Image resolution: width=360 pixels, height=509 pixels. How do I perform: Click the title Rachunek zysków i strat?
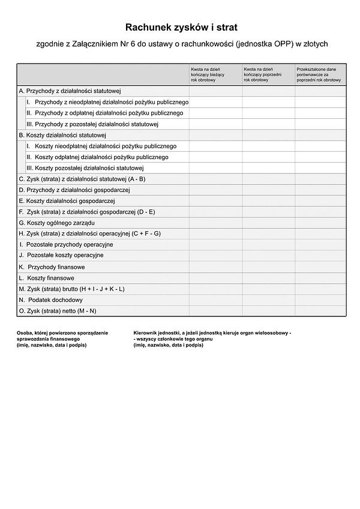click(x=181, y=28)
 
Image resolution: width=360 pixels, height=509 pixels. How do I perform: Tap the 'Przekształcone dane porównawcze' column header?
click(x=319, y=74)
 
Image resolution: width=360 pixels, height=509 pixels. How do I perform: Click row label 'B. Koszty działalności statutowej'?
click(x=62, y=135)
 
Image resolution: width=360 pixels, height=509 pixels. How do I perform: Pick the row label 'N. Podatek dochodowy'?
click(x=51, y=300)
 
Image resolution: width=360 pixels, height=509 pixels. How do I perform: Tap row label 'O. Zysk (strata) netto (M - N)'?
click(x=58, y=311)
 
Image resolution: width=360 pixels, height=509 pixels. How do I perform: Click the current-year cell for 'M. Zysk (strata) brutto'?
click(x=216, y=289)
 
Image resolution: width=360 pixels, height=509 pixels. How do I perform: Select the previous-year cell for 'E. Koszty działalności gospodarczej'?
click(x=268, y=201)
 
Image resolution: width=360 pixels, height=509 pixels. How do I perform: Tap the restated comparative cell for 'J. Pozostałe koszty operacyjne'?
click(x=320, y=256)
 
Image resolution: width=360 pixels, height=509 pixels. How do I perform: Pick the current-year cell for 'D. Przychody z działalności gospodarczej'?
click(x=216, y=190)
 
